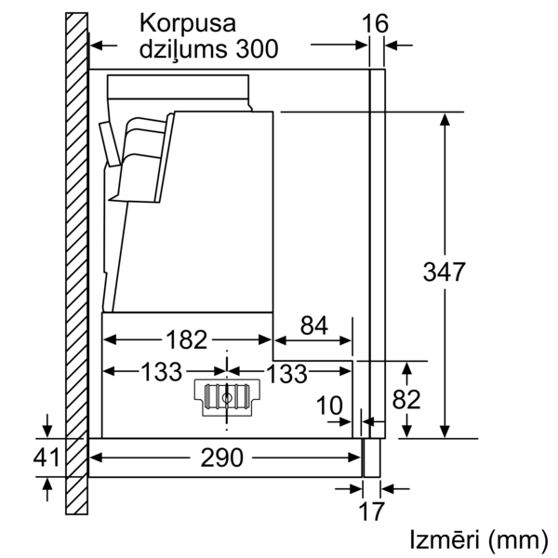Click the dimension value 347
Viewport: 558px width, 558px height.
[445, 272]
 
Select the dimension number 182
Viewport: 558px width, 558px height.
[187, 339]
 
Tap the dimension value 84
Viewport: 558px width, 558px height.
[314, 325]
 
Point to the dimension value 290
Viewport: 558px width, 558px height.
[222, 458]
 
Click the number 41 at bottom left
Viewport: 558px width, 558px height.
[46, 458]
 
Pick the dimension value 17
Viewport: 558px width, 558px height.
[371, 511]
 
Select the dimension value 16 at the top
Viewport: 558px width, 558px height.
[375, 24]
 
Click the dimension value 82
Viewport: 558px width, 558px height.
[406, 399]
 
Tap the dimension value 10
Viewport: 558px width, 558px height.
[329, 405]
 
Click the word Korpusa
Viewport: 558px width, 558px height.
[188, 23]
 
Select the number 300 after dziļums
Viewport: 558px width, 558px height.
[257, 48]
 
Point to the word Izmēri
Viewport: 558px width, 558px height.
[445, 539]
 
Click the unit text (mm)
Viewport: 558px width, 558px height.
[518, 540]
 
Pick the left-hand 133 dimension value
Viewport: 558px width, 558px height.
[162, 372]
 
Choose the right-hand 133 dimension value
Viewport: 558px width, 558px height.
[286, 373]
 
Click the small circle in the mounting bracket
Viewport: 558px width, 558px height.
[227, 398]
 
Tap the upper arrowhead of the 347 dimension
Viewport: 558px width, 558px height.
[445, 119]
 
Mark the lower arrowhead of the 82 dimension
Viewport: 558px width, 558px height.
[406, 431]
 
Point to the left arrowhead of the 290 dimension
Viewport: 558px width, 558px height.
[96, 458]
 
